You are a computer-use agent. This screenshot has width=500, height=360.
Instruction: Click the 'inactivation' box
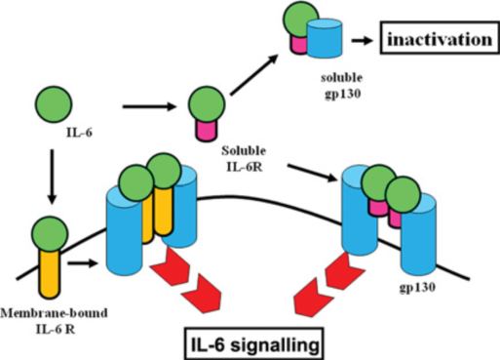tap(440, 37)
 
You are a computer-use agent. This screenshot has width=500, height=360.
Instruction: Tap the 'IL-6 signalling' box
tap(254, 343)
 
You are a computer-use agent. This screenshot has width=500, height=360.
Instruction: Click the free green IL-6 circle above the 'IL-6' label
tap(54, 104)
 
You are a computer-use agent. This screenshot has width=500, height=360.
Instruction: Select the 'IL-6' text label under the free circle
tap(79, 133)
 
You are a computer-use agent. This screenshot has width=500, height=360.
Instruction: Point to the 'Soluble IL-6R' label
tap(244, 159)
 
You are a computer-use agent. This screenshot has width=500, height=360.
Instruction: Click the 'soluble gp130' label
tap(342, 86)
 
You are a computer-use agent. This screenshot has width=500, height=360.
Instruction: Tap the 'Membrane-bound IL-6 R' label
tap(54, 321)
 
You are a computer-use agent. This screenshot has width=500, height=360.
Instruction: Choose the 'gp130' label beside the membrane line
tap(417, 288)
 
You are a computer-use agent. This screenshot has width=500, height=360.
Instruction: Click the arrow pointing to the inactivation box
tap(363, 41)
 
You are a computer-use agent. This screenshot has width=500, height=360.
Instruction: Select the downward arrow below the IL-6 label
tap(52, 177)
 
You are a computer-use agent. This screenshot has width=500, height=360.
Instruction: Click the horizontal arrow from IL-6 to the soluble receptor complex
tap(149, 106)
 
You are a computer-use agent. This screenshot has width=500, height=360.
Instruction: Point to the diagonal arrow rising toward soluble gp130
tap(254, 74)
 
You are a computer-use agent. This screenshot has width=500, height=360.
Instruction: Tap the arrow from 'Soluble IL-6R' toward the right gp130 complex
tap(313, 173)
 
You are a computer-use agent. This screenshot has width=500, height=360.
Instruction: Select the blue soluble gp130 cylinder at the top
tap(325, 38)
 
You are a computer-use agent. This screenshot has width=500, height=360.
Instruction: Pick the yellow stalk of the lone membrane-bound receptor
tap(50, 273)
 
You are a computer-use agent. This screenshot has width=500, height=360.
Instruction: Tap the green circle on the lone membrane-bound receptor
tap(50, 234)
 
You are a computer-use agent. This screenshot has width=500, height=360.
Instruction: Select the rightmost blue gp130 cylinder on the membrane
tap(418, 234)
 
